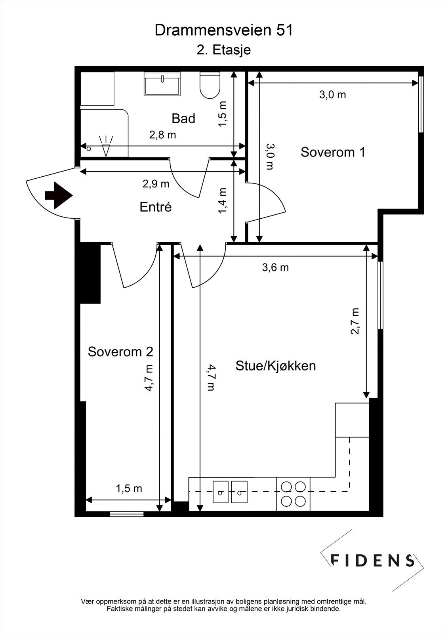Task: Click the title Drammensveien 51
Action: click(x=224, y=31)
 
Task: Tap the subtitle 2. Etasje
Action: click(x=224, y=50)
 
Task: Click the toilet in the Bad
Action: click(x=210, y=85)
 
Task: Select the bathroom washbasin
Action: click(x=162, y=84)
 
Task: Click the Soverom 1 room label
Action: click(x=333, y=152)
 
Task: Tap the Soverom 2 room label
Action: click(x=120, y=351)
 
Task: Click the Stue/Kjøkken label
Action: click(x=276, y=365)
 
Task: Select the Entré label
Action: click(x=156, y=207)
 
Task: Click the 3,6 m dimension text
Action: click(x=275, y=267)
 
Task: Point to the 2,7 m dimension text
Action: click(x=355, y=321)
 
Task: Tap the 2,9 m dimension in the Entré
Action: click(x=156, y=184)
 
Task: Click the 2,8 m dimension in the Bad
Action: click(x=162, y=135)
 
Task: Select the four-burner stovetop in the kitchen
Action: click(x=293, y=494)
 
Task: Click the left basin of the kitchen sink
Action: click(x=221, y=492)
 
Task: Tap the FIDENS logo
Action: click(x=372, y=560)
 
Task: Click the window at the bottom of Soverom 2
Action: click(x=126, y=514)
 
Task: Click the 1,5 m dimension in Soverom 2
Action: click(x=129, y=489)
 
